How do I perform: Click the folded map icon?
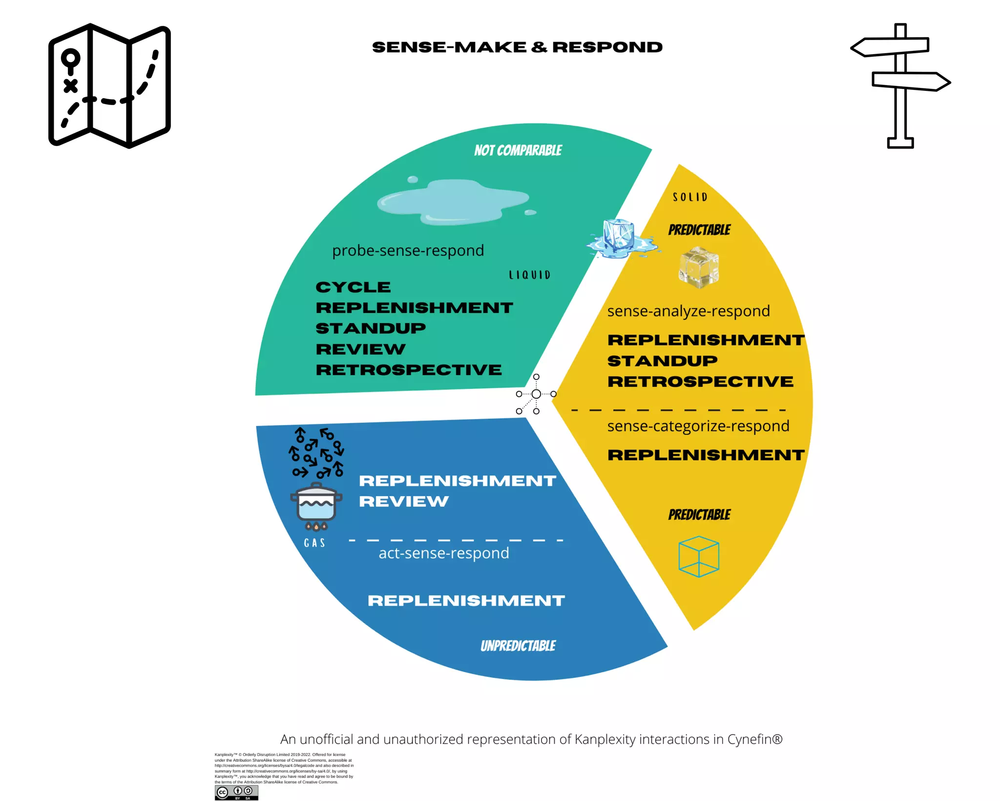click(109, 85)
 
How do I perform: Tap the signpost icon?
click(900, 85)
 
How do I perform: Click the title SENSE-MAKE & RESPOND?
click(517, 47)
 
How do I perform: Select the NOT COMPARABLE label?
click(518, 150)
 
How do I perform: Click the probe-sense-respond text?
click(408, 251)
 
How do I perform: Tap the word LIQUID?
click(530, 275)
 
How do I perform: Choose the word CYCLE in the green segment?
click(353, 287)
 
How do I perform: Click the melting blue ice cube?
click(619, 238)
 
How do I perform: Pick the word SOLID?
click(690, 197)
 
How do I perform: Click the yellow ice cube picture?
click(699, 267)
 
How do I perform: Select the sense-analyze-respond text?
click(688, 311)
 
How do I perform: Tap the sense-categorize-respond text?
click(698, 426)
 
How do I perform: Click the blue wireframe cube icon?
click(699, 556)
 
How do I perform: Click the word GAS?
click(314, 543)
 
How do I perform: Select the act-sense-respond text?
click(444, 553)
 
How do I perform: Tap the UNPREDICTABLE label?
click(518, 646)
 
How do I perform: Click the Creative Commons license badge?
click(236, 792)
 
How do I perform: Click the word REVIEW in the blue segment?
click(404, 502)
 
